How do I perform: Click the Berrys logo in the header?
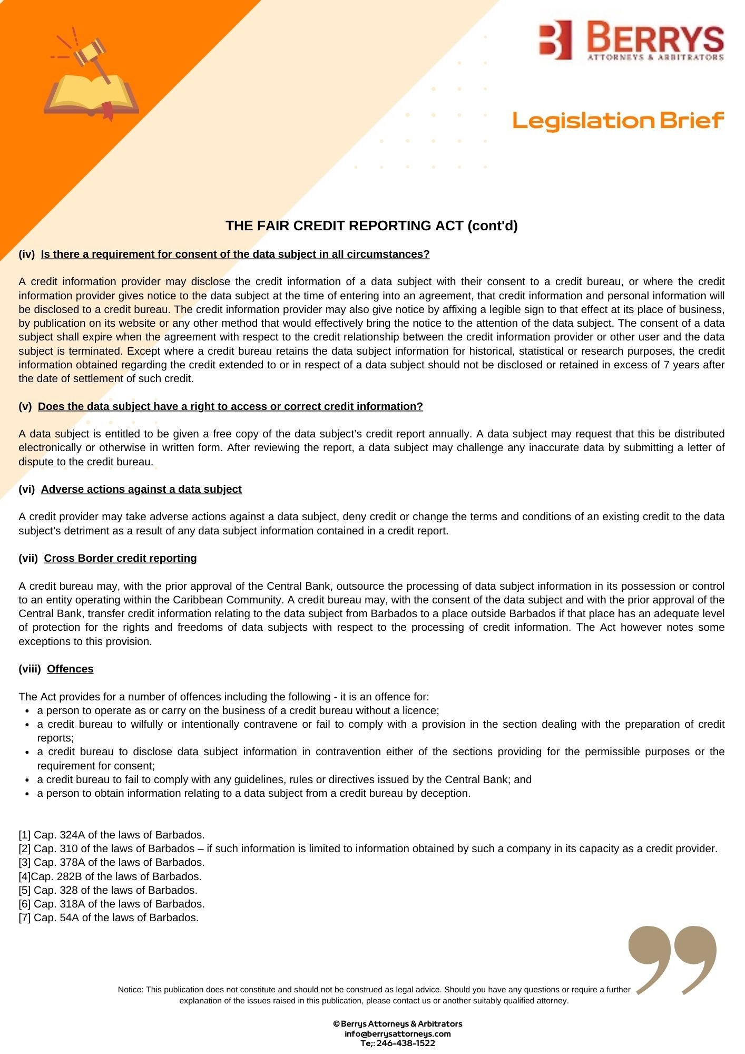tap(631, 40)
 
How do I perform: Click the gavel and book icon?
tap(91, 76)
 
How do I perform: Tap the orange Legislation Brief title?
tap(618, 121)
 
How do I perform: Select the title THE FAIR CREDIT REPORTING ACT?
tap(371, 226)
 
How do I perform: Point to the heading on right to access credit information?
tap(230, 406)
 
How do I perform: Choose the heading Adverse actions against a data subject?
tap(141, 489)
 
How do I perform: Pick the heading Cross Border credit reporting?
tap(120, 558)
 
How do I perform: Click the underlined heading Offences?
tap(70, 669)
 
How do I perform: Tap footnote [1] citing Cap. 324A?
tap(112, 835)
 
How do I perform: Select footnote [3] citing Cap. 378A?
tap(112, 862)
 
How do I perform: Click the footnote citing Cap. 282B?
tap(110, 876)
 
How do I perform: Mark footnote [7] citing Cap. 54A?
tap(109, 918)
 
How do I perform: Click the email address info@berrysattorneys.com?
tap(398, 1033)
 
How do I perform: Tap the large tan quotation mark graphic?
tap(673, 959)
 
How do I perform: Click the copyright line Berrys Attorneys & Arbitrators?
tap(398, 1023)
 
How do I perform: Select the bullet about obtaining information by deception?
tap(253, 793)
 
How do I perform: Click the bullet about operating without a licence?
tap(238, 710)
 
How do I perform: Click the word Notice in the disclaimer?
tap(130, 990)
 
